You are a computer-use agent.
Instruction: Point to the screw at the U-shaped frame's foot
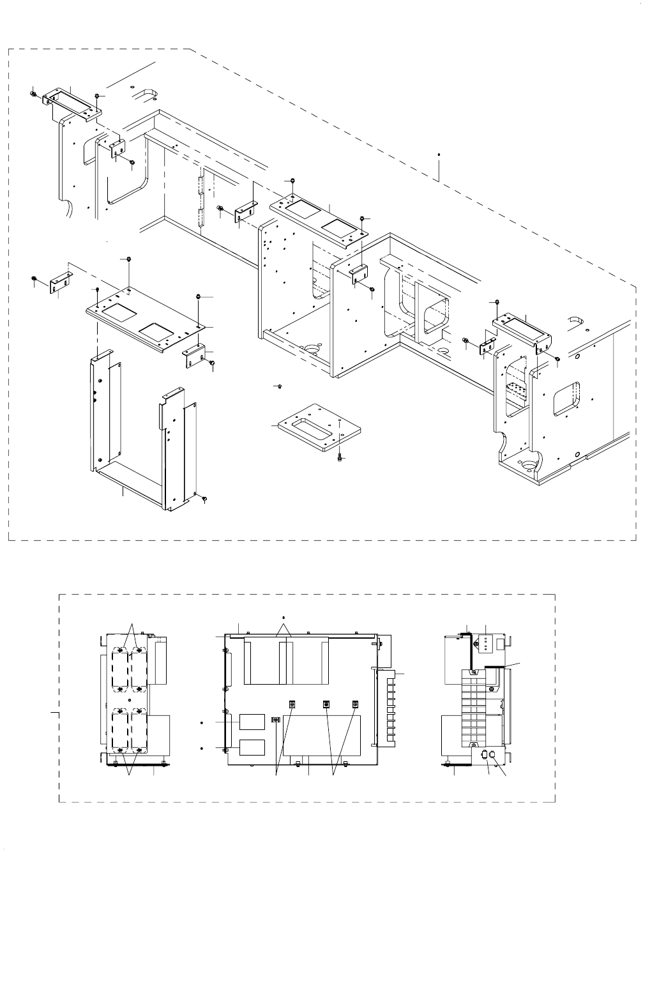[x=204, y=498]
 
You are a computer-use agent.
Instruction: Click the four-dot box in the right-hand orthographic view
[x=486, y=643]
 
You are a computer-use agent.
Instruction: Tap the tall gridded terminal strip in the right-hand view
[x=473, y=710]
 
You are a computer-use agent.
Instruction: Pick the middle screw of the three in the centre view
[x=326, y=704]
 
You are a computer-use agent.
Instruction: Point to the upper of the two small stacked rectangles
[x=252, y=722]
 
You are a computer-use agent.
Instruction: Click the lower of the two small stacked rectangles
[x=252, y=747]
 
